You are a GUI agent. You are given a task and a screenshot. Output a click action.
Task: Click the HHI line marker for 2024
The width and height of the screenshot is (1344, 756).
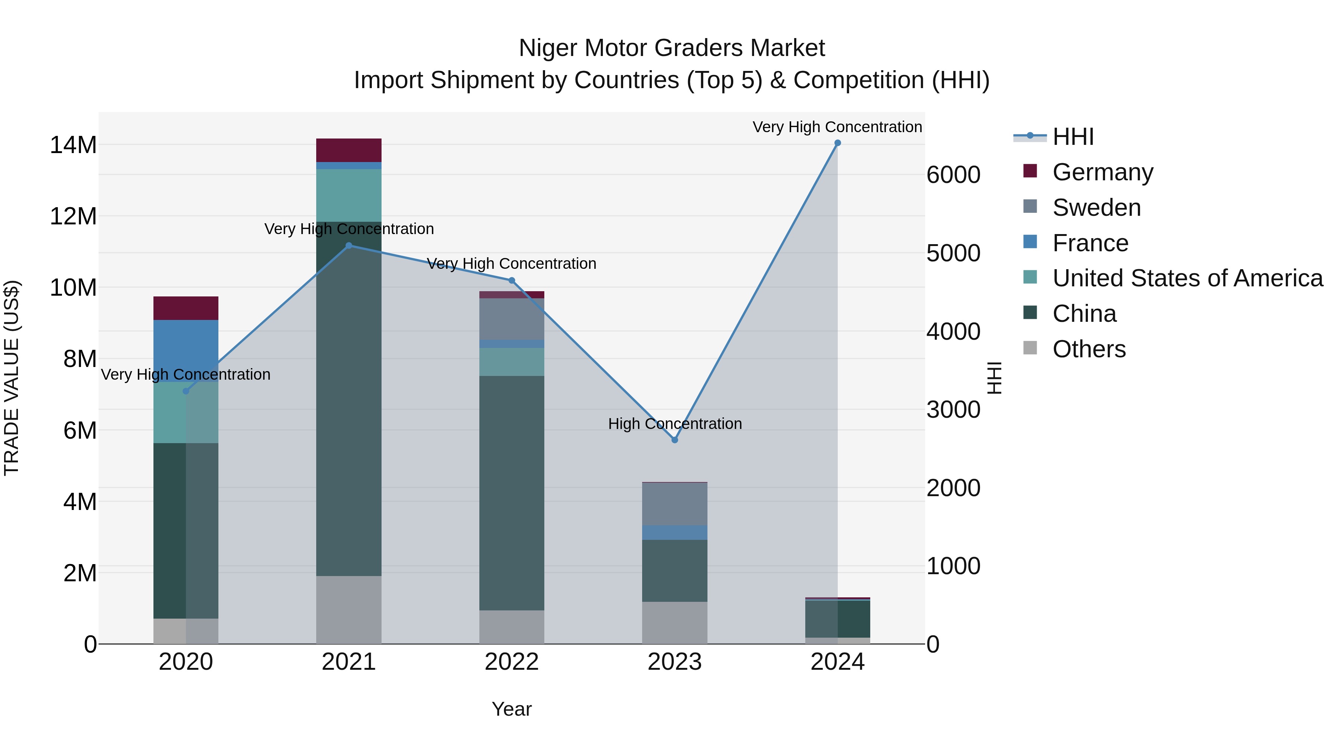[837, 143]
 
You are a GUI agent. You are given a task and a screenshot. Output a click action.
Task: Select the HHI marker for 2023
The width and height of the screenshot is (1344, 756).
[675, 440]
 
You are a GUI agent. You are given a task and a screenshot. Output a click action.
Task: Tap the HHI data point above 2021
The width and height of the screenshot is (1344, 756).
[349, 246]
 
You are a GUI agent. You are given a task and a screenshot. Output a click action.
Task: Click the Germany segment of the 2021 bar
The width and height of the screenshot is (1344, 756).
[349, 150]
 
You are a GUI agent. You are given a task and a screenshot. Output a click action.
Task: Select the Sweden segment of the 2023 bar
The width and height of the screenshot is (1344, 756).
[675, 504]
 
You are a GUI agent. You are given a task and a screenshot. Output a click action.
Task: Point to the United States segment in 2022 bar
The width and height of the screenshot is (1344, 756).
[512, 361]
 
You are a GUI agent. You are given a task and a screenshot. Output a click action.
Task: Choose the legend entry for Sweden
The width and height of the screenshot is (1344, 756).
[1096, 208]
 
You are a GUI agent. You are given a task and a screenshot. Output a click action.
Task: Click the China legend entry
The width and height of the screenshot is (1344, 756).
[1084, 314]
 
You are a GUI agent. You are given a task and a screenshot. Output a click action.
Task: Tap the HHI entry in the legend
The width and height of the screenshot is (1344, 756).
[1073, 137]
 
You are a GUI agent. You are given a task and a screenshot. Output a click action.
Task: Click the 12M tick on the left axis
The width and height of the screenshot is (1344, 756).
[73, 216]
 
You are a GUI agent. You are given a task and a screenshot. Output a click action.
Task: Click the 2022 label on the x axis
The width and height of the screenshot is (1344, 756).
[512, 662]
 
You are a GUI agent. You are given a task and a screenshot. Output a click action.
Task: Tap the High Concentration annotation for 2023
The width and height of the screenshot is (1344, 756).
[675, 424]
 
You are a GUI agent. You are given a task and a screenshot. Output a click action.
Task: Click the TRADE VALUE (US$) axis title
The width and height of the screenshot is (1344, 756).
[12, 378]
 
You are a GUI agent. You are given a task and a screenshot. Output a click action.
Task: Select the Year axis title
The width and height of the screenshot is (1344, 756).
[511, 709]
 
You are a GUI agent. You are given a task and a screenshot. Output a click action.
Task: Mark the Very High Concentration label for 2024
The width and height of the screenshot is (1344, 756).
[837, 127]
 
